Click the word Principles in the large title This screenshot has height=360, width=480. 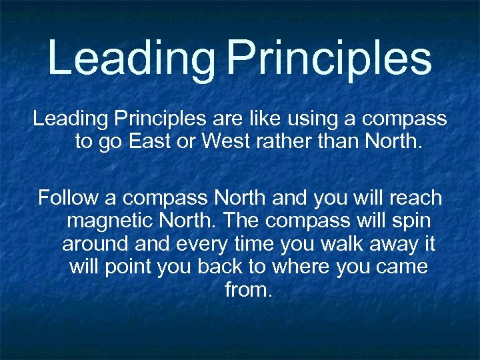[x=329, y=58]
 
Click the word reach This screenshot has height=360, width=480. [x=414, y=198]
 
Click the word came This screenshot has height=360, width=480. [x=403, y=267]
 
